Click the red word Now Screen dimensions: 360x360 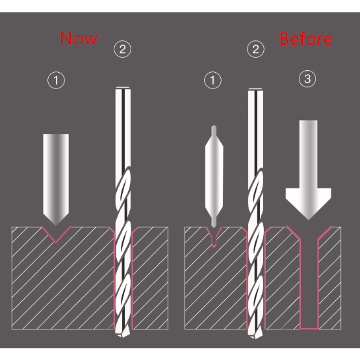coord(79,38)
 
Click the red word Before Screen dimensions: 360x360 coord(306,39)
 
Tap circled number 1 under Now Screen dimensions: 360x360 coord(57,81)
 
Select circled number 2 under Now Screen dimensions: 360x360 coord(123,49)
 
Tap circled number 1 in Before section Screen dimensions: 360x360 coord(213,81)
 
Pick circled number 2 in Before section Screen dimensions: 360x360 coord(256,49)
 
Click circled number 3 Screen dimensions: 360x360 coord(307,79)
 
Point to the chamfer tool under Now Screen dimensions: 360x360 coord(56,180)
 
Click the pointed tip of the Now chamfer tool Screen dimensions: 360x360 coord(56,225)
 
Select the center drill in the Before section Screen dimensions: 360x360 coord(214,176)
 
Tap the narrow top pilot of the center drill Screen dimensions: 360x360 coord(214,131)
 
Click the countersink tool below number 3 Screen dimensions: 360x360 coord(309,170)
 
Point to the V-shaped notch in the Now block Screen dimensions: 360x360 coord(57,234)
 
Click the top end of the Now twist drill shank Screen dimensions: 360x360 coord(123,88)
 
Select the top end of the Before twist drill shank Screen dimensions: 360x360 coord(256,89)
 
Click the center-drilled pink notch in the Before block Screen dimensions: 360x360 coord(214,237)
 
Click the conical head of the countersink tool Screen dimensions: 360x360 coord(309,204)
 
